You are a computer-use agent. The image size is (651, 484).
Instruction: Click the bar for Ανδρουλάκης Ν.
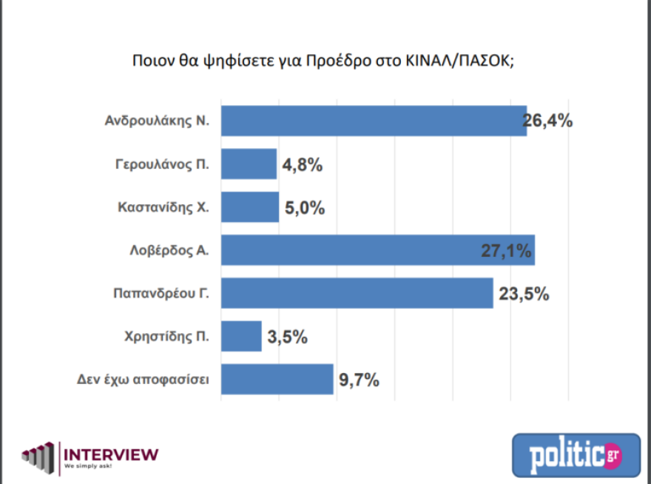pos(374,121)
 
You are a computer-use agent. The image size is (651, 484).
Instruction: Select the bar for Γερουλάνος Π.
pos(249,164)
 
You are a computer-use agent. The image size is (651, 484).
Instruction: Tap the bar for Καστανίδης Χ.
pos(250,207)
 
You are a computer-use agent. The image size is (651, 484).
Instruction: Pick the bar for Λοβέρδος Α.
pos(377,250)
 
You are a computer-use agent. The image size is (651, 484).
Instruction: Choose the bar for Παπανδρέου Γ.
pos(357,293)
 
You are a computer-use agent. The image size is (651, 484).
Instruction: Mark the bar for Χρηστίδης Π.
pos(241,336)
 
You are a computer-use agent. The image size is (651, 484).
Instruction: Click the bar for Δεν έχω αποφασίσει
pos(277,380)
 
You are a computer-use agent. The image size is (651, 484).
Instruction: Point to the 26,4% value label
pos(548,121)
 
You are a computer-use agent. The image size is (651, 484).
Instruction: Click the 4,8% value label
pos(302,165)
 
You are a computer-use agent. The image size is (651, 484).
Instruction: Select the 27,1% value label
pos(507,251)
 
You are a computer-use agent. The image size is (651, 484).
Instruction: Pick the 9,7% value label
pos(359,380)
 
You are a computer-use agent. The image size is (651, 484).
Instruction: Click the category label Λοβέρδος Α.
pos(169,251)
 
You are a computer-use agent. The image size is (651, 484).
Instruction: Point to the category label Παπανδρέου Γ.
pos(158,294)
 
